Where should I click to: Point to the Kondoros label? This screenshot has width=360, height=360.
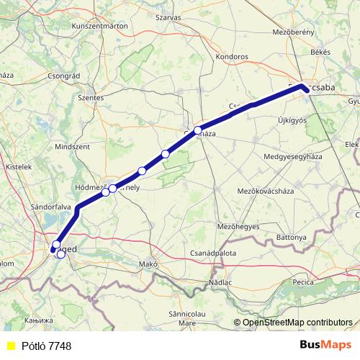coord(233,55)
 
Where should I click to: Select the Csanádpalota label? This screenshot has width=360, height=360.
coord(213,253)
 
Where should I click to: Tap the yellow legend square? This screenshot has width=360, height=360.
coord(11,346)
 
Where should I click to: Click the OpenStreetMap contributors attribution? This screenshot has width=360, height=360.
coord(297,323)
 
